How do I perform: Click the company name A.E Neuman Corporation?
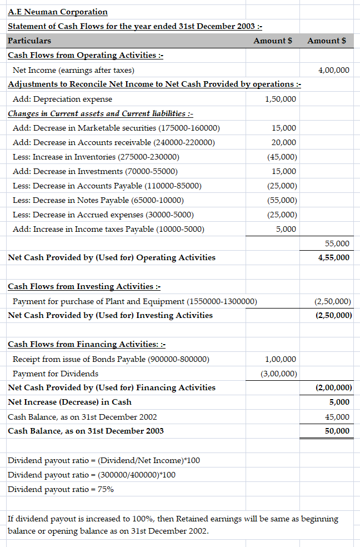[58, 12]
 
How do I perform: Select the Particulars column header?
[29, 41]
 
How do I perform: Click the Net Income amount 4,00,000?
[334, 70]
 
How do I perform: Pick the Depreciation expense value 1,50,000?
[281, 99]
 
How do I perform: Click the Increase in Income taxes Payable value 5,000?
[286, 229]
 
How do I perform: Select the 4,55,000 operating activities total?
[334, 257]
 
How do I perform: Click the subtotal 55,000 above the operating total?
[337, 243]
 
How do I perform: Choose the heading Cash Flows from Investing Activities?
[84, 286]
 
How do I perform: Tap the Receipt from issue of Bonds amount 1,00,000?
[281, 359]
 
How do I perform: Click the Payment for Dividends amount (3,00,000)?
[279, 374]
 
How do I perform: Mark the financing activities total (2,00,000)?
[333, 387]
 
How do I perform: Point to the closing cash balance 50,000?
[338, 431]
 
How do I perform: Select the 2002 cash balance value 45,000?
[338, 417]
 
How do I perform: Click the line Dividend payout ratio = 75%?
[61, 489]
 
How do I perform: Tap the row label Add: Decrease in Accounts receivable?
[113, 142]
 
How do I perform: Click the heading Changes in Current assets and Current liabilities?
[100, 113]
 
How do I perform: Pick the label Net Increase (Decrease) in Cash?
[70, 402]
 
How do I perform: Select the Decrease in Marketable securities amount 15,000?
[284, 128]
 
